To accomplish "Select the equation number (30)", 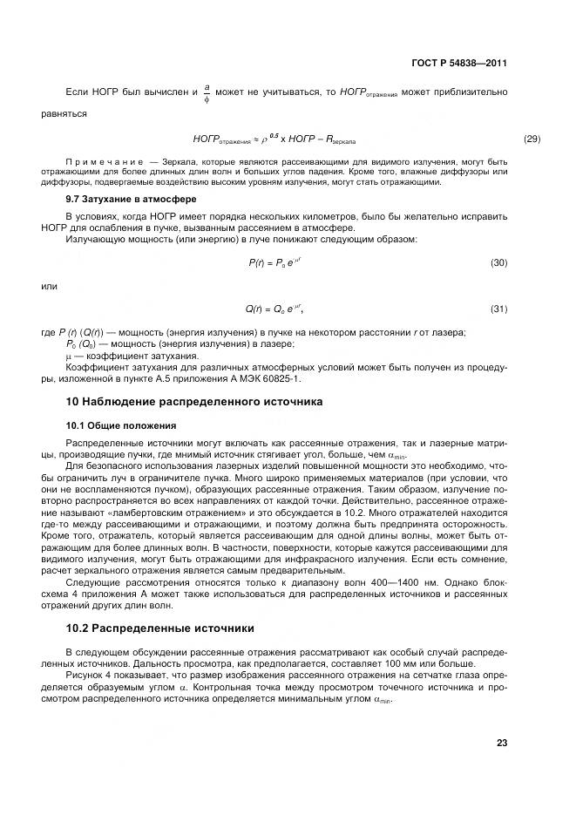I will pos(498,262).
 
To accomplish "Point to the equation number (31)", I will pos(498,309).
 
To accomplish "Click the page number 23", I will pos(501,743).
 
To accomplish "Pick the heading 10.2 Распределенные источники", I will pos(160,627).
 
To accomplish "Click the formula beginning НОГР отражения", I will pos(274,139).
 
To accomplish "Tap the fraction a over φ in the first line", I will pos(207,94).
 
